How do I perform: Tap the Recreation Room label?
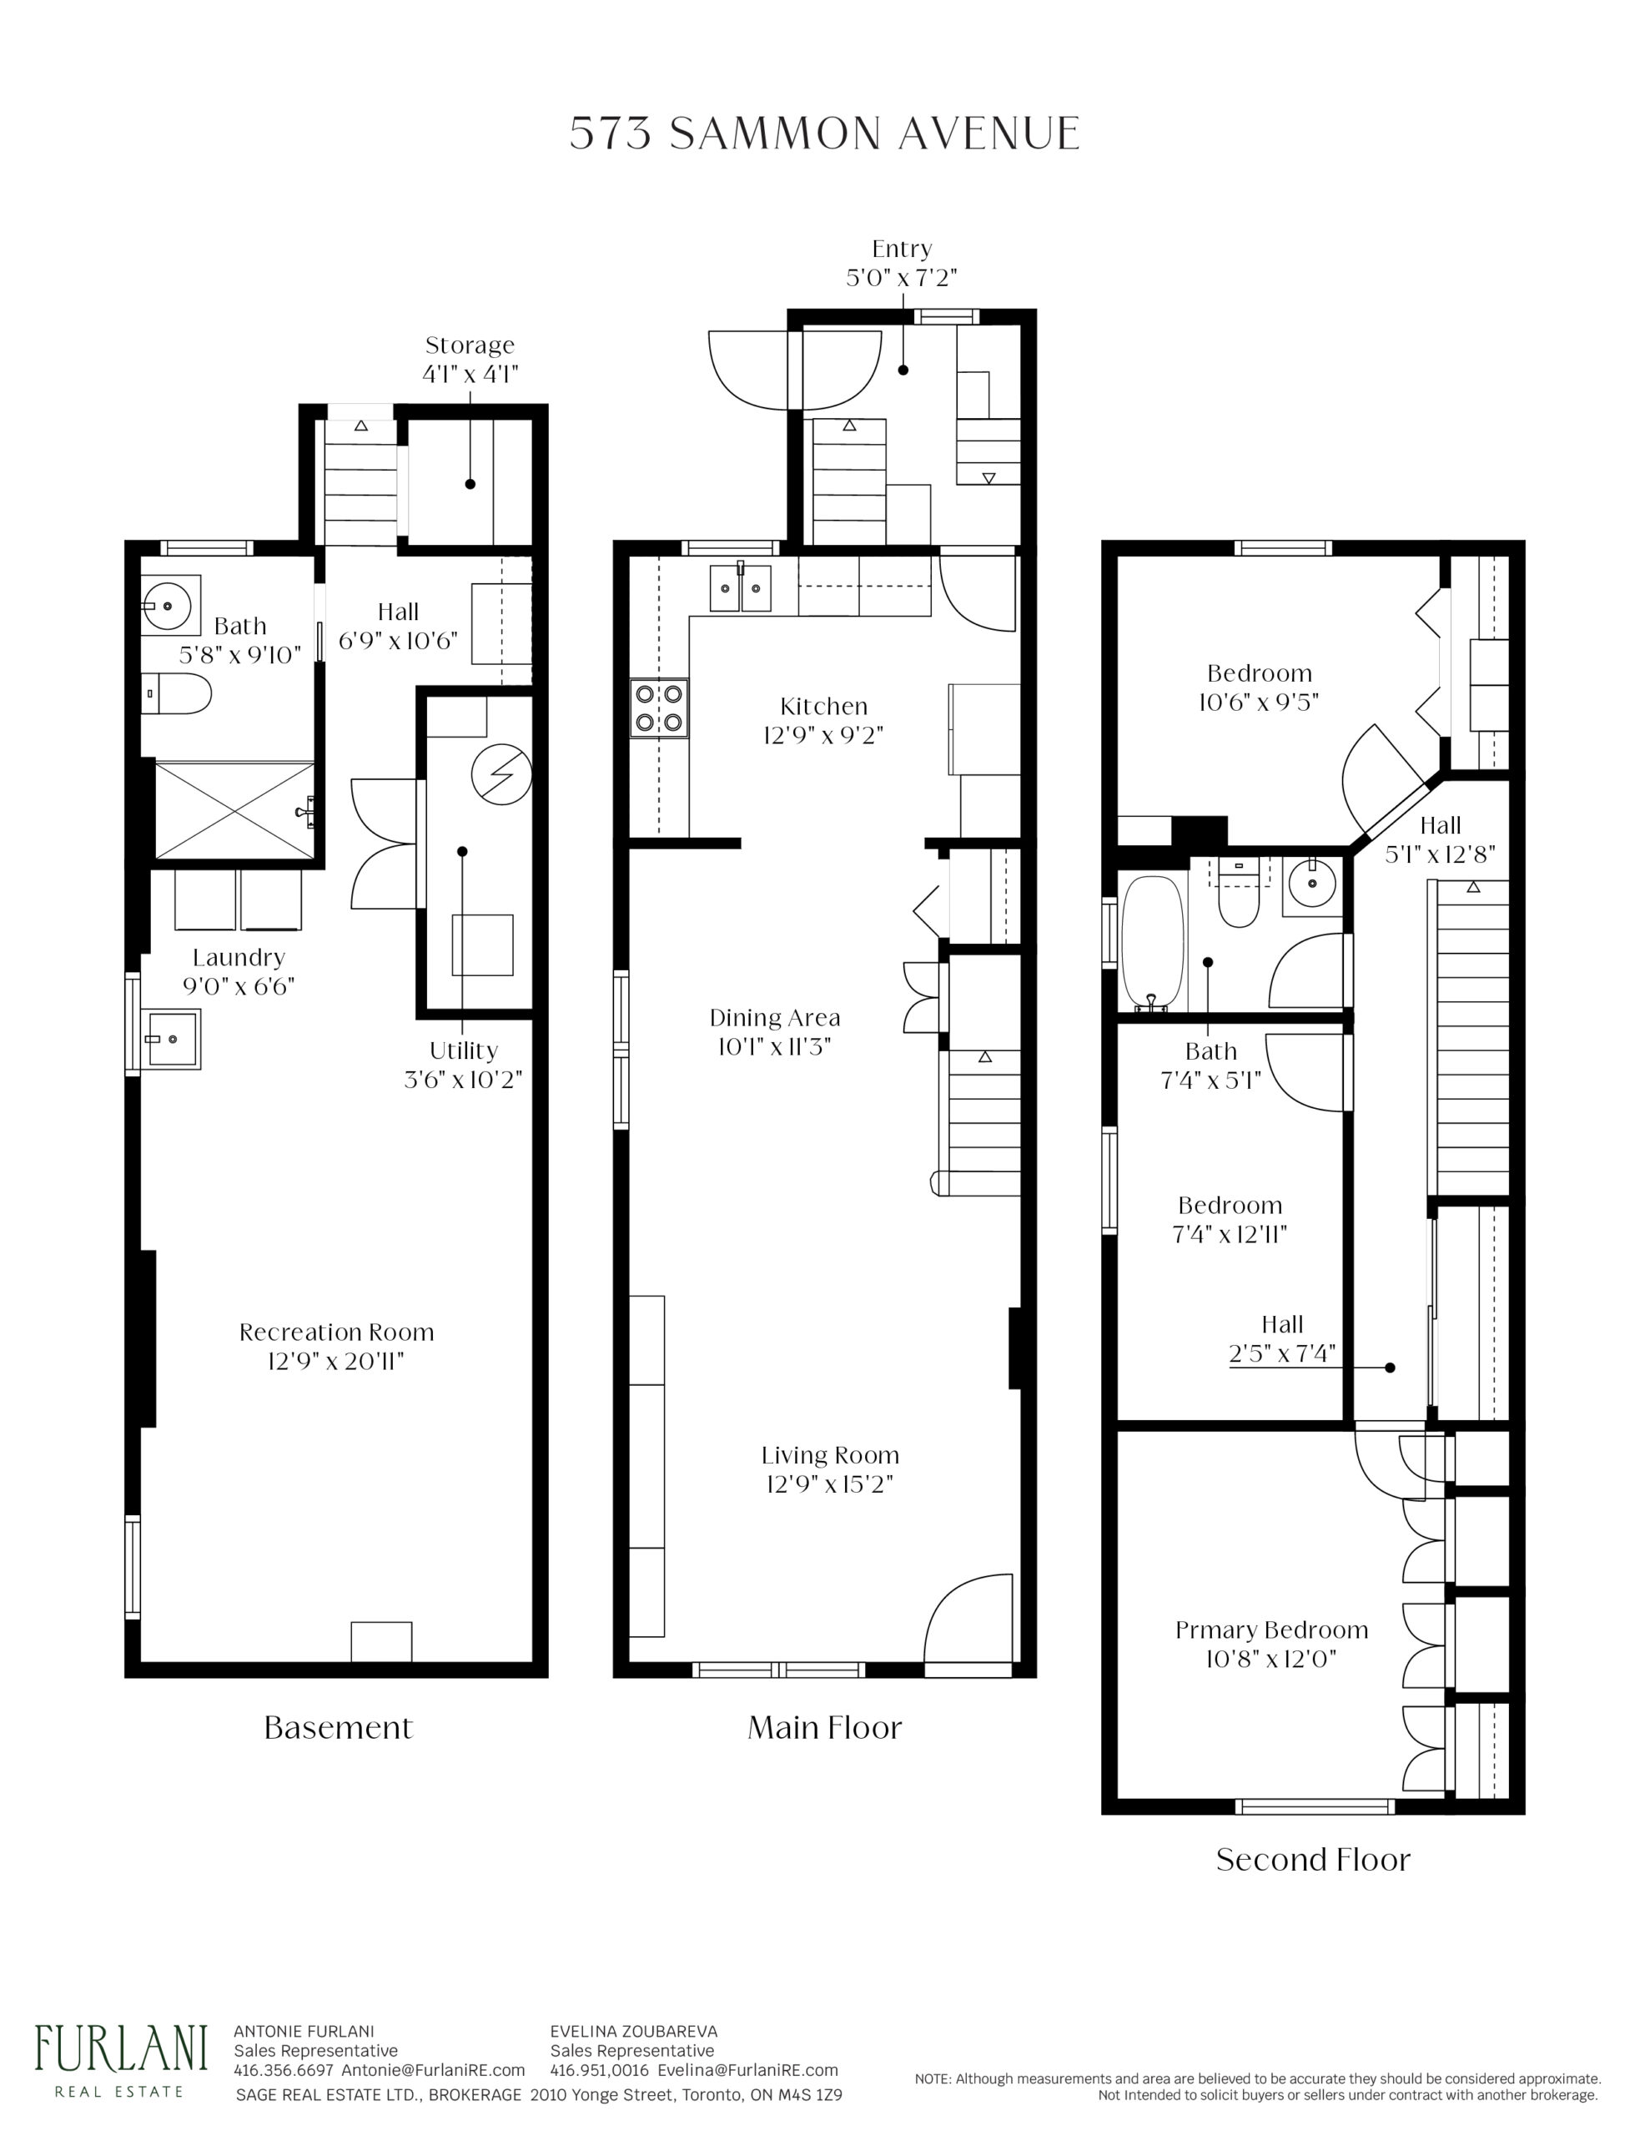point(336,1331)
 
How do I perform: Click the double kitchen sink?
point(739,587)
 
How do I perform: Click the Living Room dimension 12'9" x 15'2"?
point(829,1484)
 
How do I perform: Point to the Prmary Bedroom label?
point(1271,1630)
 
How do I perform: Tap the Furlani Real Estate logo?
point(121,2062)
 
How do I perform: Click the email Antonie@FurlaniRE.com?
point(433,2069)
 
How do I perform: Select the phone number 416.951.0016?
point(600,2069)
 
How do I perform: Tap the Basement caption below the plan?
point(339,1727)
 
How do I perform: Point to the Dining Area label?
point(775,1017)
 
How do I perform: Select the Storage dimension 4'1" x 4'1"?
point(470,374)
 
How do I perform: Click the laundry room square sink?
point(174,1039)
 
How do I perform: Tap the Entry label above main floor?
point(902,249)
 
